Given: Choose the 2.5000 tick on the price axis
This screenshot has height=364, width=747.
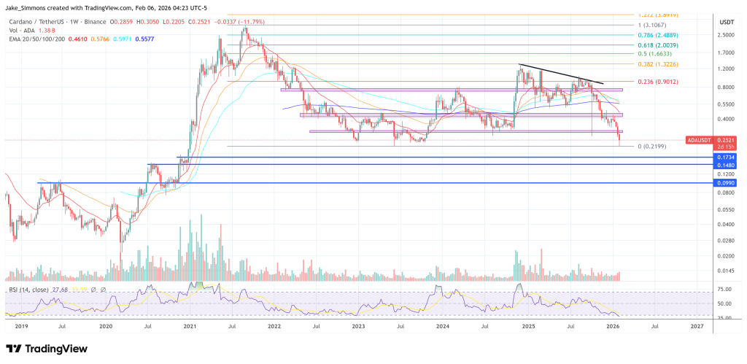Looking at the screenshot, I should click(x=725, y=35).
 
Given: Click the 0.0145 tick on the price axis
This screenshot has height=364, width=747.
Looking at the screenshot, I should click(x=725, y=271).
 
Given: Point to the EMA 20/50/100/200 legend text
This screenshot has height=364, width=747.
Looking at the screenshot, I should click(x=33, y=37).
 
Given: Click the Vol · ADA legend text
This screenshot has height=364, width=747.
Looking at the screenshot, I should click(x=22, y=30).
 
